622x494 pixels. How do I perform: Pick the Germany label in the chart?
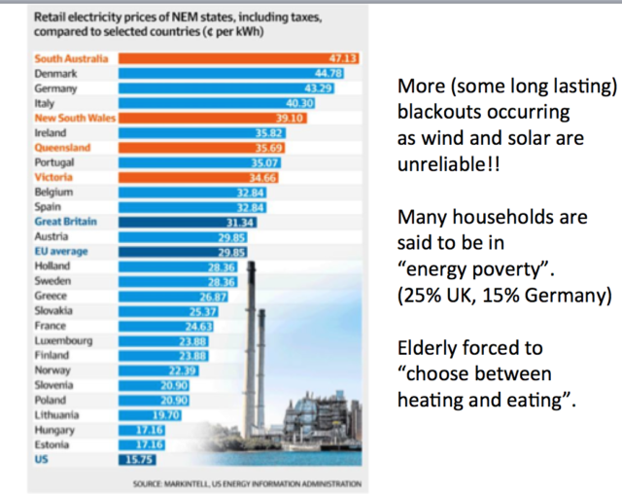coord(54,88)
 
